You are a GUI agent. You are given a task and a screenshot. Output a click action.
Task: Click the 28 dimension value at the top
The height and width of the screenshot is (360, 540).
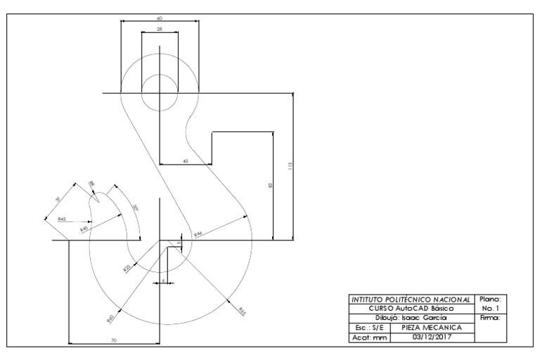[159, 29]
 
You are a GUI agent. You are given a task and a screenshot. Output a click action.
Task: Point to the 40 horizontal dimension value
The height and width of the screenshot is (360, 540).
[186, 161]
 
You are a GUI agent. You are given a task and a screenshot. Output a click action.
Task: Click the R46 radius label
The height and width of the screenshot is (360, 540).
[199, 233]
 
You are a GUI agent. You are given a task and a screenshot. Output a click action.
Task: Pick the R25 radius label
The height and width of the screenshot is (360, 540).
[127, 268]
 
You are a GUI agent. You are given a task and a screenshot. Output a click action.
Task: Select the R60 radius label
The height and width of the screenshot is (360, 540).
[110, 319]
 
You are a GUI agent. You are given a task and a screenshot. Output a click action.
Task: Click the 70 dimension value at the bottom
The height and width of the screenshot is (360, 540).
[114, 340]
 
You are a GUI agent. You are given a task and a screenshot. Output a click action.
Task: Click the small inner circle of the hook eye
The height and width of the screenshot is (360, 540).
[160, 92]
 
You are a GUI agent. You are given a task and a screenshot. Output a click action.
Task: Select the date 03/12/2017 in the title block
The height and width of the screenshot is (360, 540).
[432, 337]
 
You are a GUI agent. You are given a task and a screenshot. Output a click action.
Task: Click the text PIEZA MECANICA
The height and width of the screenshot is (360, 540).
[432, 327]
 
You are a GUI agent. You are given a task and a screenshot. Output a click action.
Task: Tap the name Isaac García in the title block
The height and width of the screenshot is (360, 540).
[422, 318]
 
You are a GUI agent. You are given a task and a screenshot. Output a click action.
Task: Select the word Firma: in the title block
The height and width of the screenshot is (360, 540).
[487, 318]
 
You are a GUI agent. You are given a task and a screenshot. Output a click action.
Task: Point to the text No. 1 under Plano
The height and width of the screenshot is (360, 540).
[487, 308]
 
